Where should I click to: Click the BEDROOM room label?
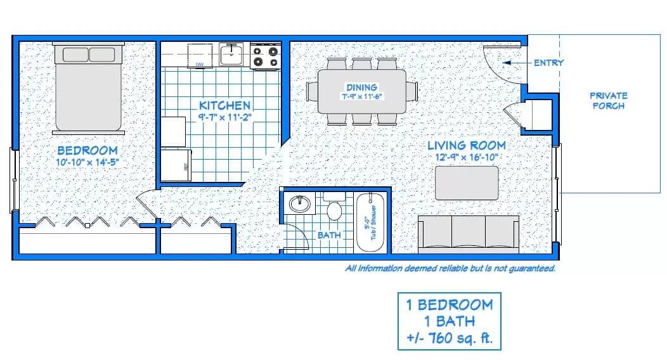(x=87, y=150)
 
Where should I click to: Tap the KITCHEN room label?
(x=224, y=105)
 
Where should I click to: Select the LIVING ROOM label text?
(x=465, y=145)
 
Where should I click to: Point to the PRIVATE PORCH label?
(x=608, y=101)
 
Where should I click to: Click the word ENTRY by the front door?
(x=548, y=63)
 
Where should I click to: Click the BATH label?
(x=329, y=235)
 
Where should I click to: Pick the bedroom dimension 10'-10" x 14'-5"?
(x=87, y=162)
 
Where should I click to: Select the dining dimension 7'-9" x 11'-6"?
(x=361, y=96)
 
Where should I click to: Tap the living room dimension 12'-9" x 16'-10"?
(x=465, y=157)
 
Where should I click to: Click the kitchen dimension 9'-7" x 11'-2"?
(x=224, y=117)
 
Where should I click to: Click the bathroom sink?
(x=299, y=205)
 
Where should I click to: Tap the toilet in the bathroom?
(x=333, y=209)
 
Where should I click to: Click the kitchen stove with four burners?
(x=264, y=56)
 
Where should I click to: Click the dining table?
(x=361, y=91)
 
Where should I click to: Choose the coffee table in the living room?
(x=467, y=183)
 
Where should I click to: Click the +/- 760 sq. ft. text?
(x=449, y=338)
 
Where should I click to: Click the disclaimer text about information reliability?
(x=450, y=268)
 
